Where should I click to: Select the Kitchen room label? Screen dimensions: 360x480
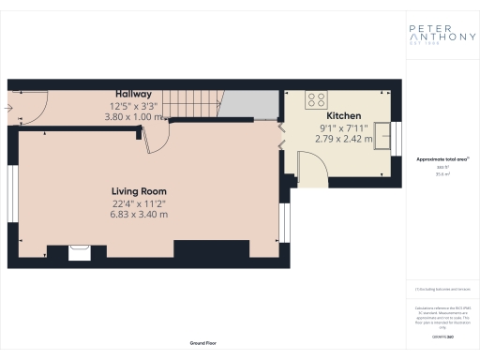coord(343,117)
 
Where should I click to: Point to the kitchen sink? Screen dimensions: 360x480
coord(382,132)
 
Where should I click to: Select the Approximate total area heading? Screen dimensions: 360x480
coord(442,159)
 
